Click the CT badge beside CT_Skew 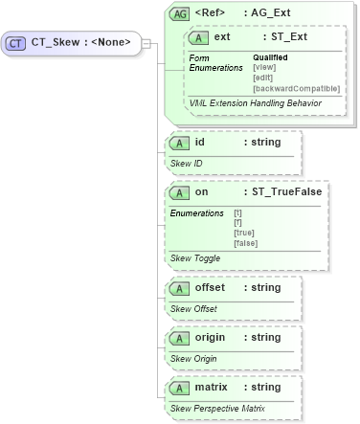tap(17, 43)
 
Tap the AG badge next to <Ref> tap(178, 14)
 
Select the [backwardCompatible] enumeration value tap(296, 88)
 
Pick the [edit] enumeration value tap(264, 78)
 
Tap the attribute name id tap(200, 143)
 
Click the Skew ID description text tap(186, 164)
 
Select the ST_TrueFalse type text tap(282, 191)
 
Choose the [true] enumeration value tap(245, 233)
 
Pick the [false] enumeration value tap(246, 243)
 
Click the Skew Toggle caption tap(193, 258)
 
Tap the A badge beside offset tap(178, 287)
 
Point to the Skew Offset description tap(193, 308)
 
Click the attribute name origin tap(214, 337)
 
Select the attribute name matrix tap(214, 387)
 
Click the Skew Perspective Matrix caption tap(216, 409)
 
